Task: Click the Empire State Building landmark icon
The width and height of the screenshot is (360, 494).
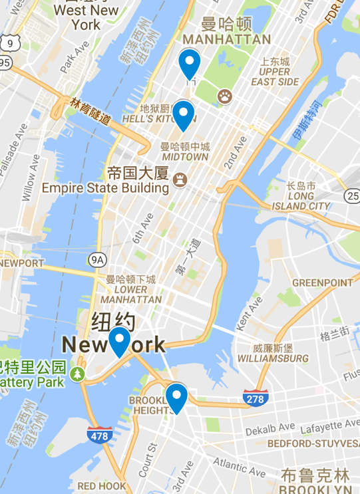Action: coord(179,180)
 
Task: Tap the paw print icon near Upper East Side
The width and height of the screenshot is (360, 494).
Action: coord(226,96)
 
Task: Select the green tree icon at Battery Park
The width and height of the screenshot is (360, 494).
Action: coord(79,374)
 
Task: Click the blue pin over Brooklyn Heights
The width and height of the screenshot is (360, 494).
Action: coord(176,398)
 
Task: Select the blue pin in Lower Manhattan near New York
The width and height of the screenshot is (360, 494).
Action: coord(120,342)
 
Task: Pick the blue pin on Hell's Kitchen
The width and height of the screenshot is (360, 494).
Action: coord(183,114)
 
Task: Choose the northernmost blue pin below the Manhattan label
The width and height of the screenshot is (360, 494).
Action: coord(190,64)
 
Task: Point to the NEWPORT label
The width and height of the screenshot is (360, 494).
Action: coord(21,263)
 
